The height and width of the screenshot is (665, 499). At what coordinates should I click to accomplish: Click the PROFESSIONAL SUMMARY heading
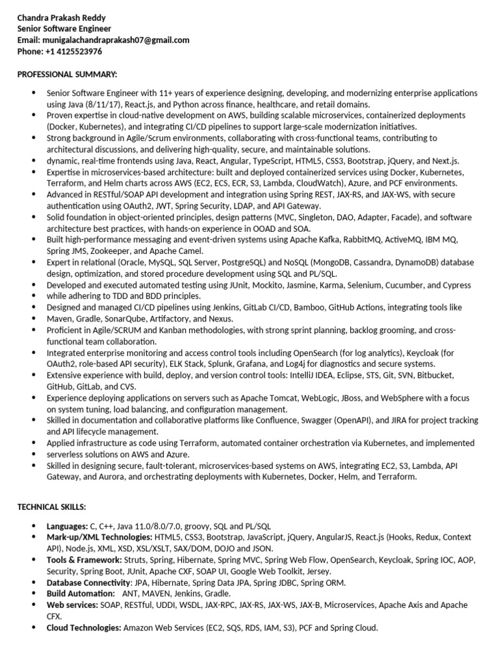pyautogui.click(x=67, y=75)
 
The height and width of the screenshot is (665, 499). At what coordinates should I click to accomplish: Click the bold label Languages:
pyautogui.click(x=67, y=525)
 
